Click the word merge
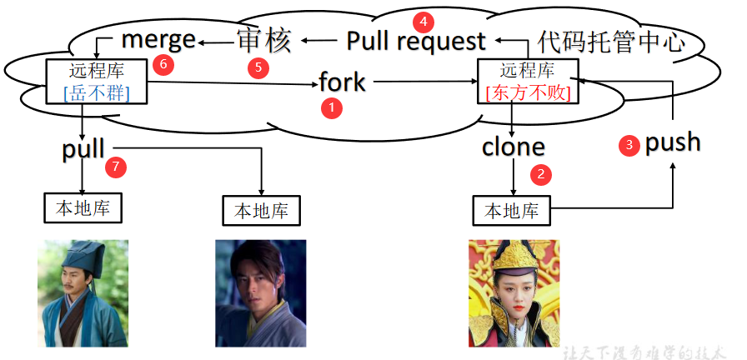pos(158,39)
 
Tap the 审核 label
pos(264,41)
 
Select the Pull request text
pos(416,41)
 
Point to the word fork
pos(342,82)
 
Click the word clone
pos(513,147)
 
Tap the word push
pos(673,142)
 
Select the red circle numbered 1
pos(332,109)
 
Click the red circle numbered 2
pos(541,175)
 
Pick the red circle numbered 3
pos(629,145)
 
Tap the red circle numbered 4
pos(423,22)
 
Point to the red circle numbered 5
pos(258,67)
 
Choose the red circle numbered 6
pos(163,64)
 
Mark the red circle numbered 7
pos(116,167)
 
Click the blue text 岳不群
pos(97,92)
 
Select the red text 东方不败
pos(529,92)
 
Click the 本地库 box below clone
pos(512,211)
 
